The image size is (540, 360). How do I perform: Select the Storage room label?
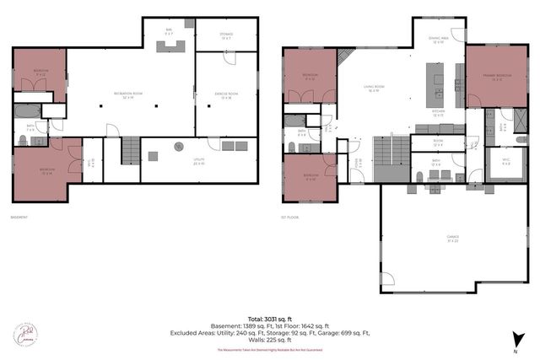tap(227, 35)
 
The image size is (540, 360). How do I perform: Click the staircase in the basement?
tap(131, 153)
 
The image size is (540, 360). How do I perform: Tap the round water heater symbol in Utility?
tap(179, 146)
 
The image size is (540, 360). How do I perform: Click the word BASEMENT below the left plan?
tap(19, 218)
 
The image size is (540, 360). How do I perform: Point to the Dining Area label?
tap(437, 39)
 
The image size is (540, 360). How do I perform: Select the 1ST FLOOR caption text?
tap(291, 218)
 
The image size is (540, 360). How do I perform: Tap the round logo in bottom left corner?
tap(25, 333)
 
